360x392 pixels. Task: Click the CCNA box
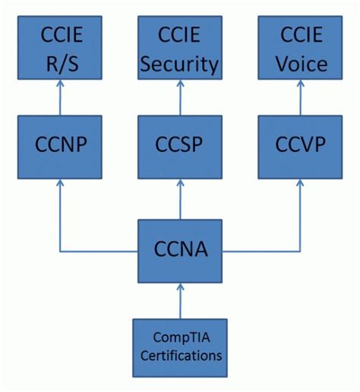click(180, 250)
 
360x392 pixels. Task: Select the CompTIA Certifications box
click(180, 347)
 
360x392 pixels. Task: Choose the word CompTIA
click(180, 339)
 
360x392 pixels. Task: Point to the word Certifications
click(180, 355)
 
